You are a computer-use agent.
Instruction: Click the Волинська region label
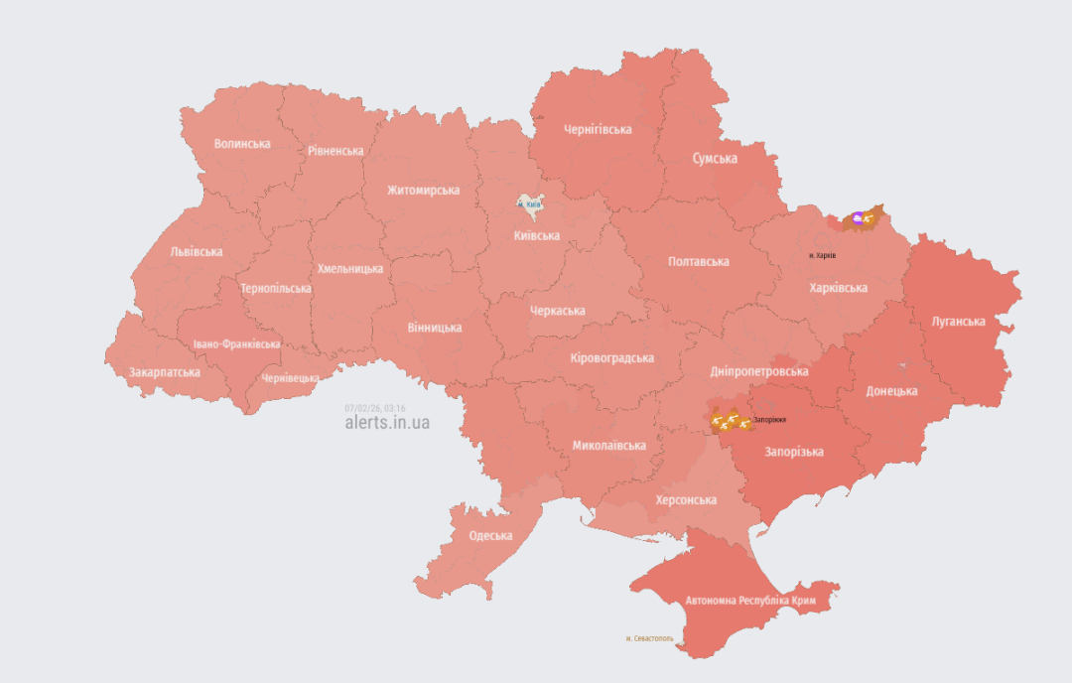[242, 144]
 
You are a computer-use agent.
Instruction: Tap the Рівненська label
[335, 151]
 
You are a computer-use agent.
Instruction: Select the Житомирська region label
[423, 191]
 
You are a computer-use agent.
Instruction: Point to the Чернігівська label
[598, 129]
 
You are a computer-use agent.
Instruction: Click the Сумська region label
[715, 159]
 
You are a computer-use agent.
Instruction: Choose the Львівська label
[197, 252]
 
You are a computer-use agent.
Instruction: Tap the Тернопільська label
[276, 289]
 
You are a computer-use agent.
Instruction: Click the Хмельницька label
[350, 269]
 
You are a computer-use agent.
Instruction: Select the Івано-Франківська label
[236, 344]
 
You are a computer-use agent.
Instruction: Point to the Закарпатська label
[165, 372]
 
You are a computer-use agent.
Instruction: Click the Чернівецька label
[290, 378]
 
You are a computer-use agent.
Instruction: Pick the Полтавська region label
[699, 262]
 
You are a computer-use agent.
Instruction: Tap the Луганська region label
[959, 322]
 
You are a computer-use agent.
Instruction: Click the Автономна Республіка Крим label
[750, 602]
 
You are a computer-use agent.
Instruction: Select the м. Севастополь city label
[650, 638]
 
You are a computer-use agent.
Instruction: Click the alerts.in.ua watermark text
[387, 422]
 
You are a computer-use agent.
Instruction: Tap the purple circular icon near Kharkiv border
[859, 217]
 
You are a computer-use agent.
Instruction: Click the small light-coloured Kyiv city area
[530, 203]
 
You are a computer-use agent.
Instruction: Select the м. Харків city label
[823, 255]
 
